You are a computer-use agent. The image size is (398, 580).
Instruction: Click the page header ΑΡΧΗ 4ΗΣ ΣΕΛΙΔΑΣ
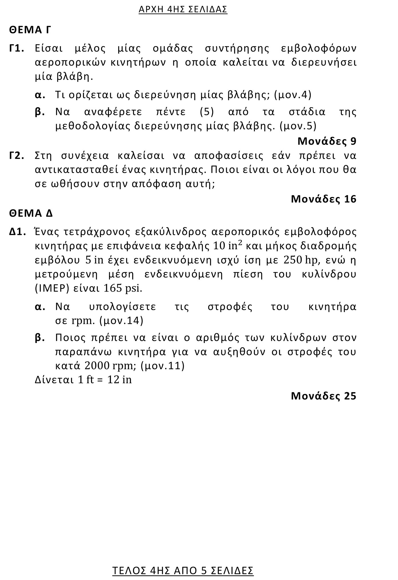[x=183, y=9]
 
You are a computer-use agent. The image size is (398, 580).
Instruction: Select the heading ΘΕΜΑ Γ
[x=30, y=30]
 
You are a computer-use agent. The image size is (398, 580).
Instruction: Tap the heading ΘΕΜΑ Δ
[x=31, y=213]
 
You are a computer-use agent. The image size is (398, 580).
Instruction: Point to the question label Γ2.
[x=16, y=156]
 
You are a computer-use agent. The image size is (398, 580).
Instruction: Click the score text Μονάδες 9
[x=327, y=141]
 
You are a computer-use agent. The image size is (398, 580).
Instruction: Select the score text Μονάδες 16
[x=324, y=199]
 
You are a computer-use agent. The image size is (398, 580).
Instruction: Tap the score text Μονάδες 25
[x=324, y=396]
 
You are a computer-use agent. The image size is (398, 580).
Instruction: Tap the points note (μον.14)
[x=121, y=321]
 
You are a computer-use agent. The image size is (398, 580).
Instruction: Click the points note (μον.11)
[x=162, y=366]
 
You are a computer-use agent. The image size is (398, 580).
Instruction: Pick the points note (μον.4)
[x=292, y=95]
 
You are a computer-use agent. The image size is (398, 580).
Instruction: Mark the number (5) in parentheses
[x=207, y=112]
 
